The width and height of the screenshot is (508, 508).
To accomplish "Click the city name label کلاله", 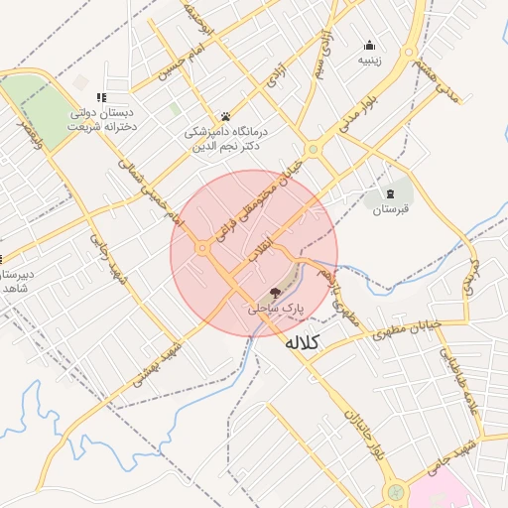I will click(302, 343).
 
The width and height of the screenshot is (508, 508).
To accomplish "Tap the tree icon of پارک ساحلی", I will click(275, 292).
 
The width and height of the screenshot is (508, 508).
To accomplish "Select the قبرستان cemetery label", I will click(391, 209).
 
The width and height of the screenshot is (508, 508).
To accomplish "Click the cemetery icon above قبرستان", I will click(391, 192).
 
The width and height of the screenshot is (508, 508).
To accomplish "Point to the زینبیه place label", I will click(370, 60).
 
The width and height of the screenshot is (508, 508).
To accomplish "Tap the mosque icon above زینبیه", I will click(370, 44).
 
